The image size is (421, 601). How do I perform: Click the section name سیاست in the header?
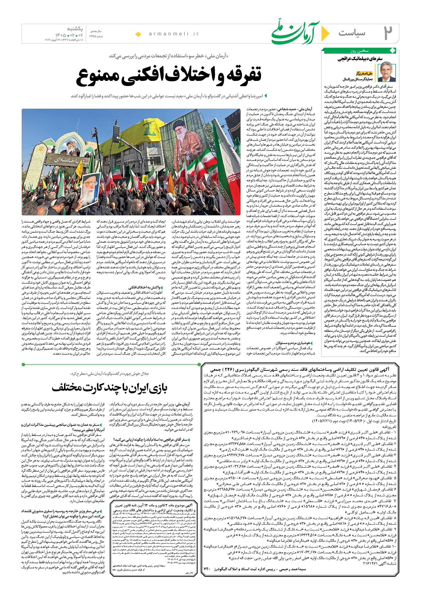[x=352, y=33]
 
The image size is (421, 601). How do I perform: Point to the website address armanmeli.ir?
[x=174, y=34]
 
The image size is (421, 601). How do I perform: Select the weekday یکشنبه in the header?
[x=75, y=29]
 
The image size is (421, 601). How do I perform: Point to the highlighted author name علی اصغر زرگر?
[x=364, y=74]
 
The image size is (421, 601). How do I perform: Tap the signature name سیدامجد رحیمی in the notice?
[x=292, y=569]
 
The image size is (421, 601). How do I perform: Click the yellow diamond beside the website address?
[x=138, y=34]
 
